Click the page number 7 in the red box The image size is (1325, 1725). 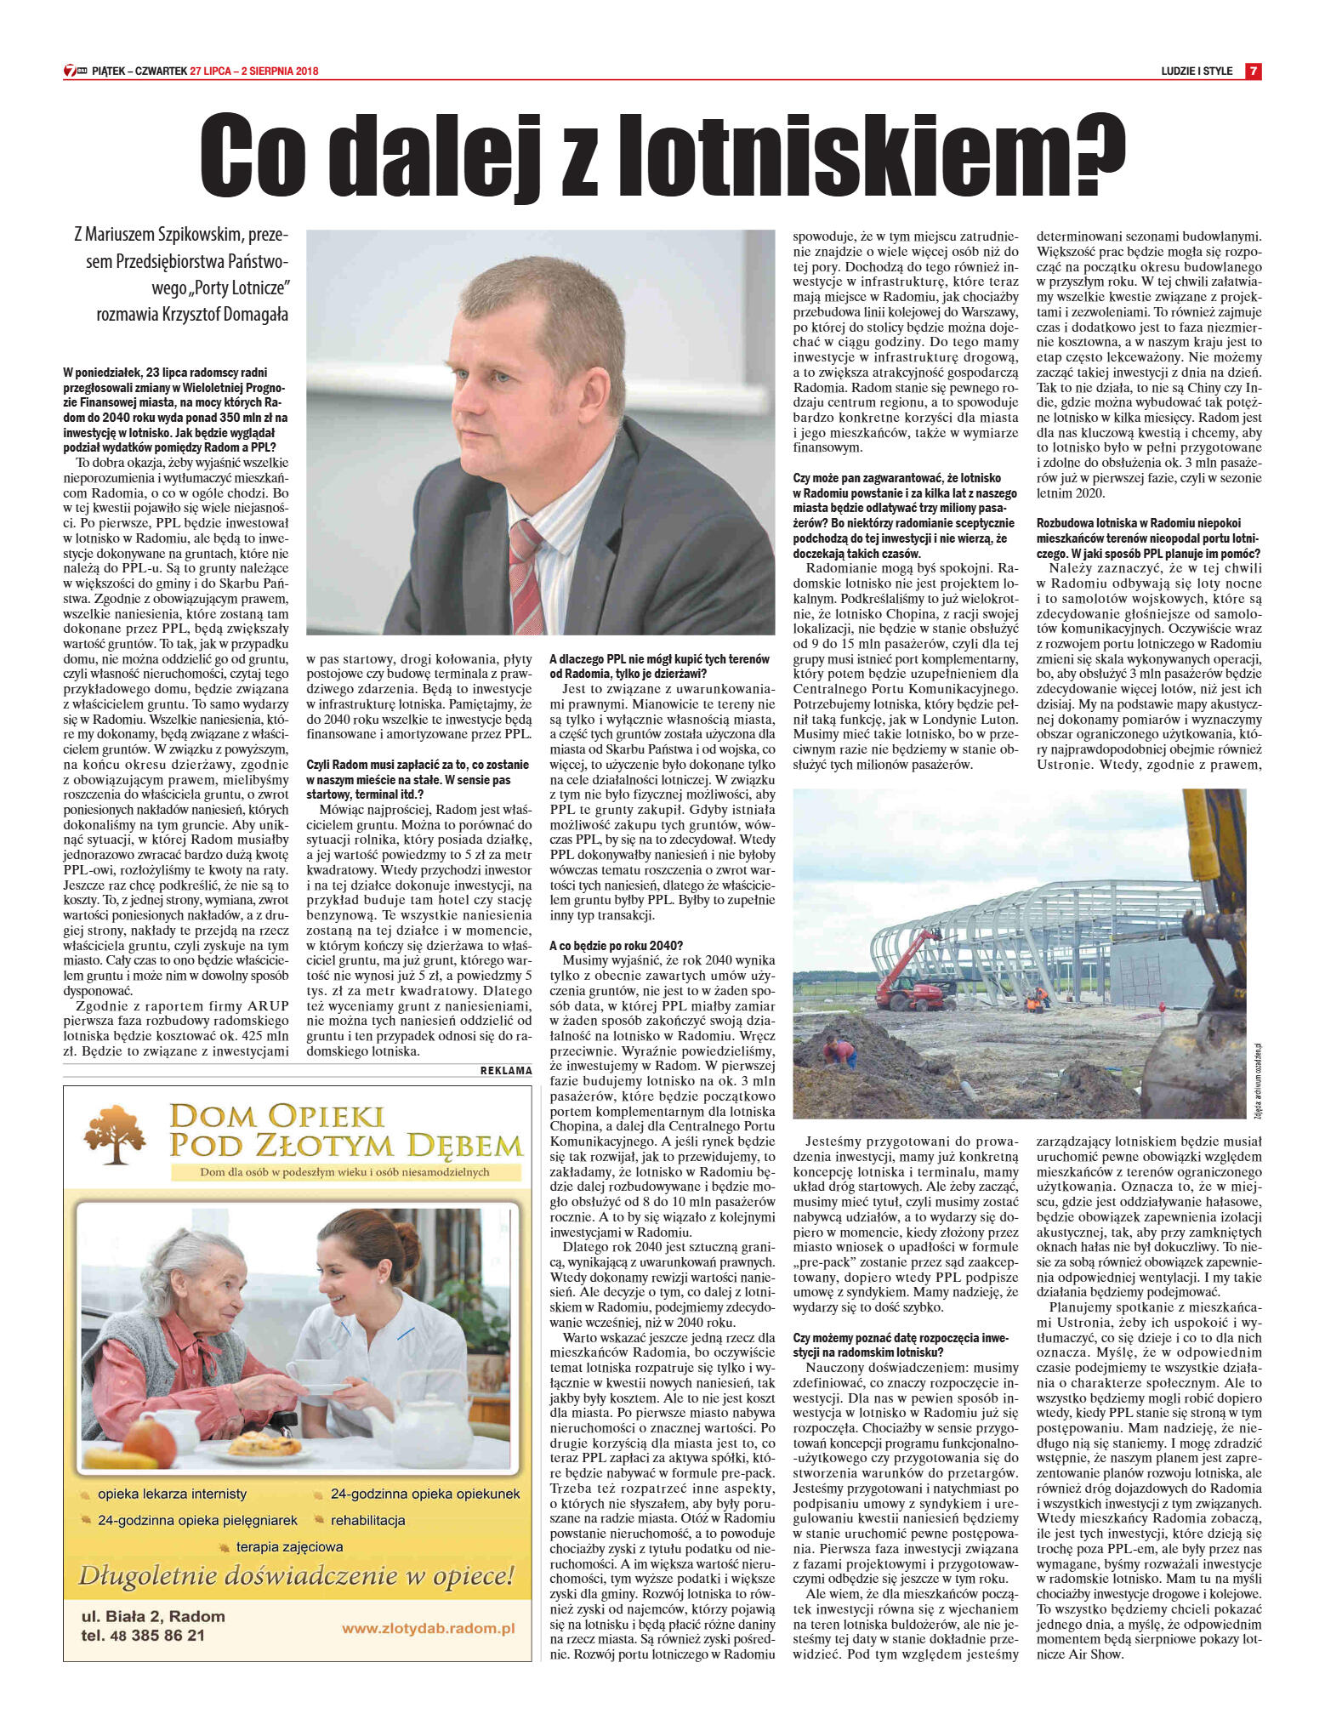tap(1253, 71)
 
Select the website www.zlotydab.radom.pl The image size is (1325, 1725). tap(429, 1628)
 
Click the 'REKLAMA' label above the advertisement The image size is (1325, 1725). tap(505, 1071)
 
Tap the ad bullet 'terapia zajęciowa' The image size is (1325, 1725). tap(289, 1546)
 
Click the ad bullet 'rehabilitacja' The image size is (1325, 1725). tap(367, 1520)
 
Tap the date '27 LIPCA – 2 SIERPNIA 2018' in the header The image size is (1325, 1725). tap(254, 71)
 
